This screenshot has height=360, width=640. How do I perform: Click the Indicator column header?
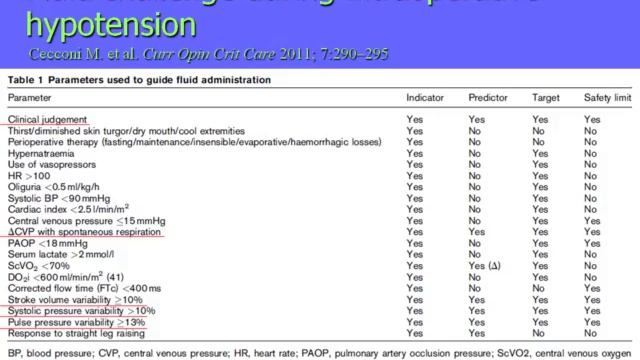point(425,98)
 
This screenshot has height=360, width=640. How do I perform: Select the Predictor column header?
point(490,98)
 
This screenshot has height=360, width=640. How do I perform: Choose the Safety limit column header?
point(607,98)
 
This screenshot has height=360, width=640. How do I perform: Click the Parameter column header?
point(30,98)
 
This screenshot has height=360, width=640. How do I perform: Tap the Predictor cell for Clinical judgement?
point(478,119)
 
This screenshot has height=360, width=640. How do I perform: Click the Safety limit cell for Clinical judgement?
point(593,119)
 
